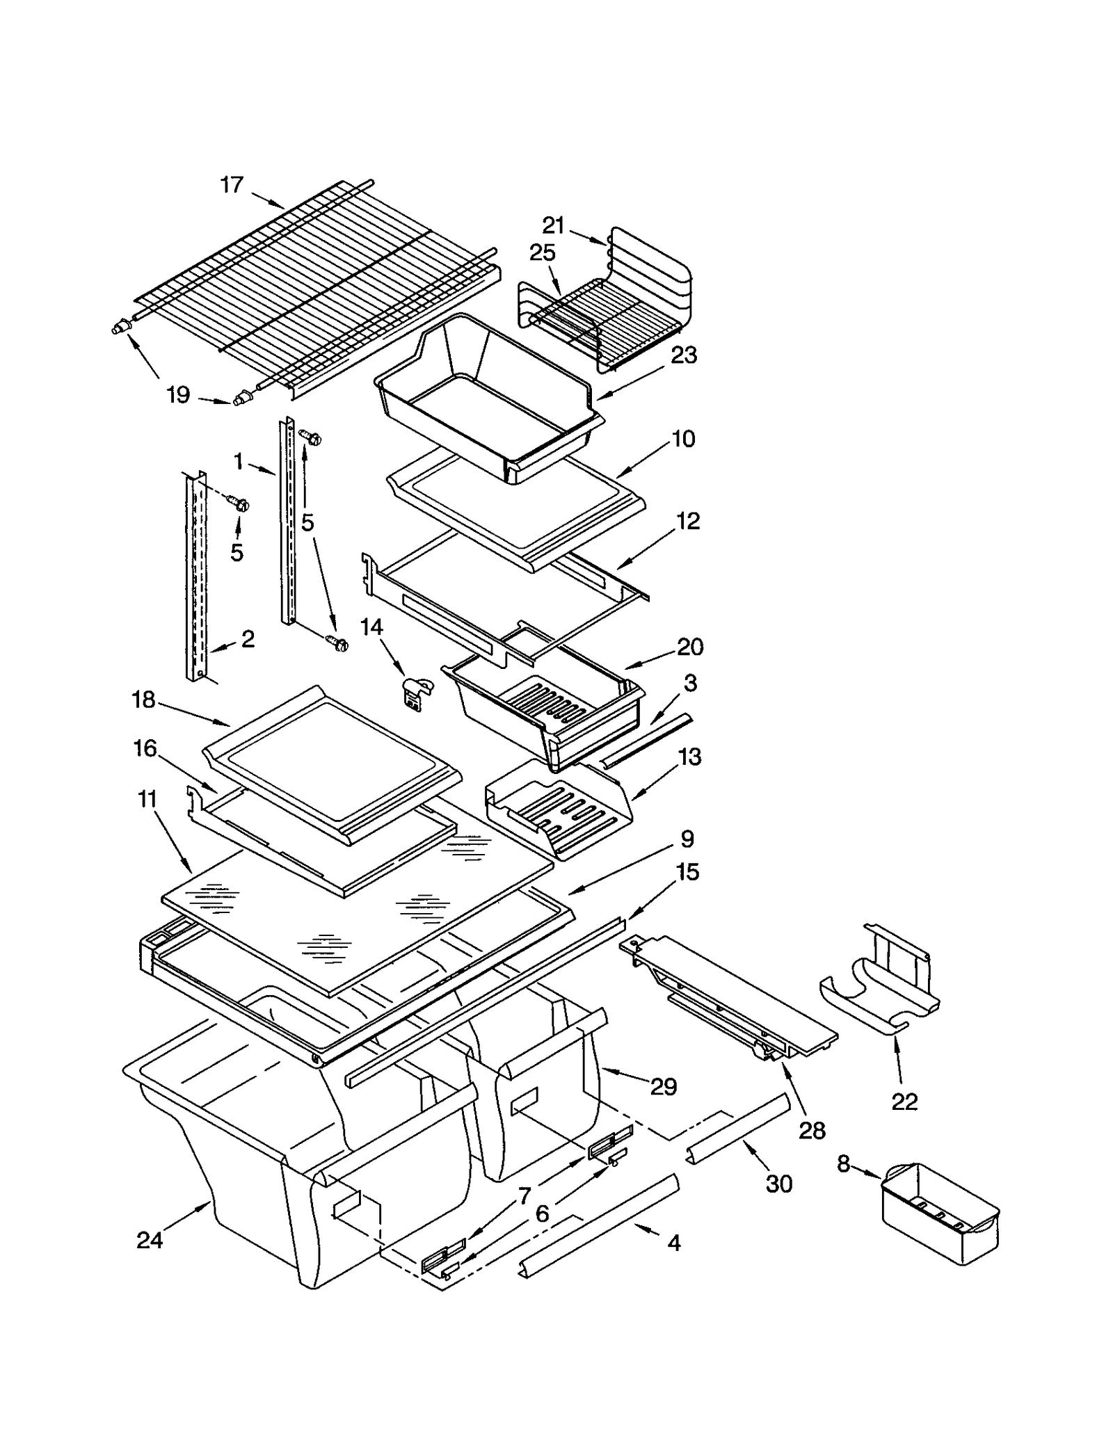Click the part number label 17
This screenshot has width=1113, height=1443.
pos(232,185)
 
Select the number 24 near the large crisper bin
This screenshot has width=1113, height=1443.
pos(149,1240)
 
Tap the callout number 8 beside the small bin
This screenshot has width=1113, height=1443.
pos(843,1163)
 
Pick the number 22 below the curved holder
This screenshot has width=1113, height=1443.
pos(904,1102)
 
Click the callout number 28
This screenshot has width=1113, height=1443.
pos(812,1130)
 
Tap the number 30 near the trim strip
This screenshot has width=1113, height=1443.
pos(779,1183)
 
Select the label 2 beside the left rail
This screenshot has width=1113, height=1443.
pos(248,638)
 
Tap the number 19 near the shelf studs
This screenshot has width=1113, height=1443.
pos(178,395)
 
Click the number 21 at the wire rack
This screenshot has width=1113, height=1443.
pos(554,225)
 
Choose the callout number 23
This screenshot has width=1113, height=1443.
pos(684,355)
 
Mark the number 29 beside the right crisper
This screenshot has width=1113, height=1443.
pos(664,1086)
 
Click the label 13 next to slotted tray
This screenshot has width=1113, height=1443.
pos(689,757)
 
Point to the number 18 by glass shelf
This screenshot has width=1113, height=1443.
pos(143,700)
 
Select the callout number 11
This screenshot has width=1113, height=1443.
pos(147,800)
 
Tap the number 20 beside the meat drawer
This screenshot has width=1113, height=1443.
pos(690,647)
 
